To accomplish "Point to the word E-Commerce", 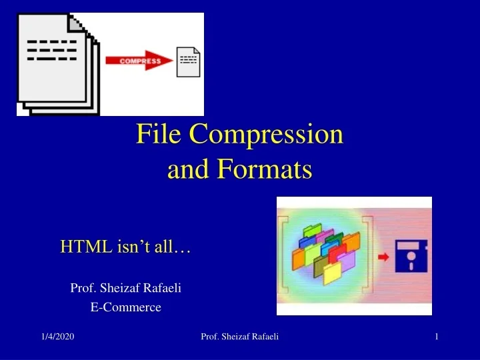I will pyautogui.click(x=126, y=307).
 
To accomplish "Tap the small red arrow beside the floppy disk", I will pyautogui.click(x=384, y=257).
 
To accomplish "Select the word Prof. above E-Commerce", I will pyautogui.click(x=83, y=288).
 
